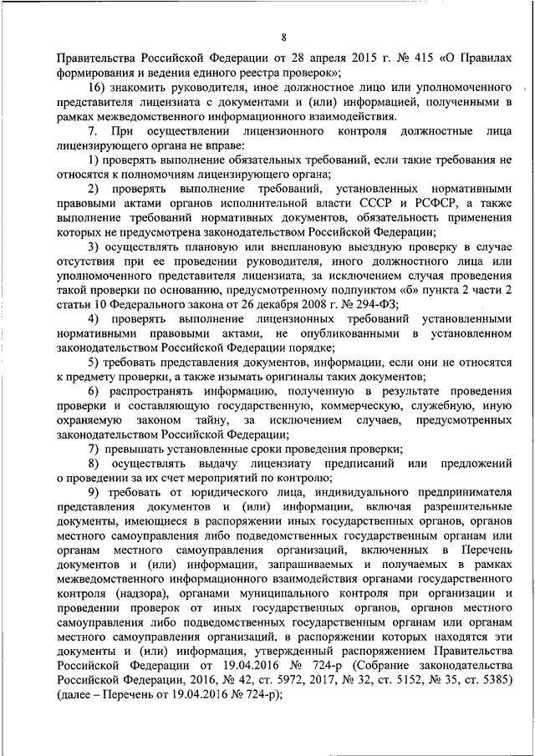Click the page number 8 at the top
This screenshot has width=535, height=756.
click(x=284, y=37)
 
